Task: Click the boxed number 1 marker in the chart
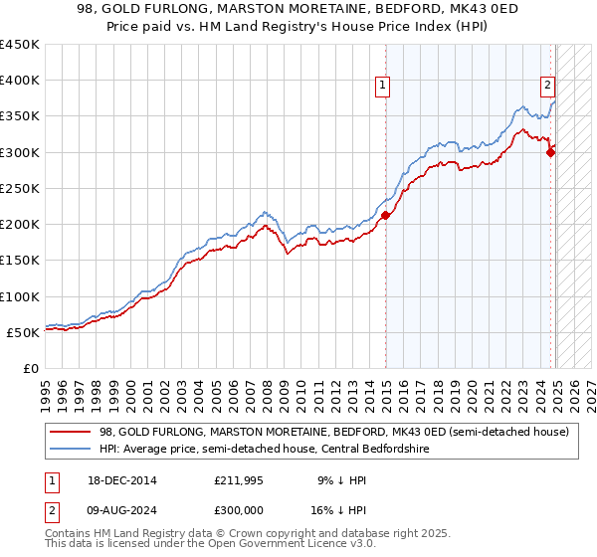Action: [383, 87]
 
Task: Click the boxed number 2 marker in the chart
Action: [547, 87]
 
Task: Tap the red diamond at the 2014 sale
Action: [385, 216]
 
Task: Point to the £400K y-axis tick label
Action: [20, 81]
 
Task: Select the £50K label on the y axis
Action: [24, 332]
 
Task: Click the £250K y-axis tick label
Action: [20, 188]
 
